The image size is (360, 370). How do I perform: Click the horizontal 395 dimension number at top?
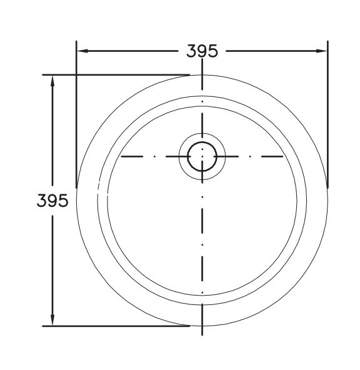pos(202,51)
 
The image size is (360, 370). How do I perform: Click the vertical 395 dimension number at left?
pos(52,201)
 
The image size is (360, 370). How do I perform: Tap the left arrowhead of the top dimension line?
pos(82,51)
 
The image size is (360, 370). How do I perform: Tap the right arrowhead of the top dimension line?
pos(322,51)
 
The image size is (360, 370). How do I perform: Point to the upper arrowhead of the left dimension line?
pos(52,81)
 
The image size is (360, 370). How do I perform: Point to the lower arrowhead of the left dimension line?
pos(52,320)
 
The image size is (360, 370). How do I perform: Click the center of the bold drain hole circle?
pos(202,156)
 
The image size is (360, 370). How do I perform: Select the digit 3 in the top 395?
pos(191,51)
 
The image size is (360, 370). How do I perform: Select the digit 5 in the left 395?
pos(64,201)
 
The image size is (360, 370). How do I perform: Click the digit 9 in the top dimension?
pos(202,51)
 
